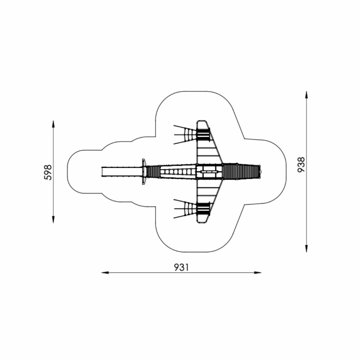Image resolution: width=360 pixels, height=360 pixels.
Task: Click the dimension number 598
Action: [x=48, y=172]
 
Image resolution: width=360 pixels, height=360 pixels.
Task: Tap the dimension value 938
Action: [x=301, y=164]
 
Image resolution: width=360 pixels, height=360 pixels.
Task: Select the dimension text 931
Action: [x=181, y=267]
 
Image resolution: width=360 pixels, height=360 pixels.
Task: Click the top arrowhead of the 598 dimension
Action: [x=53, y=124]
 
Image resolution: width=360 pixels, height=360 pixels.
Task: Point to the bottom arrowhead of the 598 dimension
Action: [x=53, y=220]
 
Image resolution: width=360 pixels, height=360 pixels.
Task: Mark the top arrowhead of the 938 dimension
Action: [x=306, y=95]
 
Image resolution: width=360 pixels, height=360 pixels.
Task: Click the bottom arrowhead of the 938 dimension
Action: [x=306, y=248]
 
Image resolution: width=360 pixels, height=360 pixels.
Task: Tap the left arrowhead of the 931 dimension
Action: [x=105, y=273]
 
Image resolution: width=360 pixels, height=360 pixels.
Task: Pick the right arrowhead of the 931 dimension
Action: [x=258, y=273]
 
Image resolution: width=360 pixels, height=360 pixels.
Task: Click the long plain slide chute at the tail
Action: [x=122, y=172]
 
